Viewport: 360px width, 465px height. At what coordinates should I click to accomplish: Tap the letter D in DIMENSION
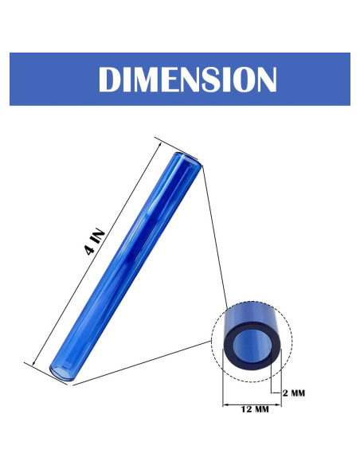pos(109,79)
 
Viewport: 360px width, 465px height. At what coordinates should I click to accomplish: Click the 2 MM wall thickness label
pos(294,393)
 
